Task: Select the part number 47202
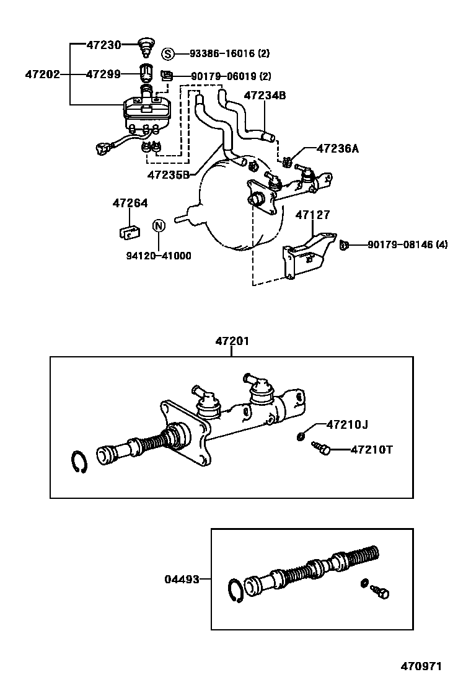(42, 74)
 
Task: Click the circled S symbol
(169, 53)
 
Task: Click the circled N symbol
(158, 225)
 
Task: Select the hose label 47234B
(265, 96)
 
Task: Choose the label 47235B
(168, 174)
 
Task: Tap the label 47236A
(337, 149)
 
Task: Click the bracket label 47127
(312, 215)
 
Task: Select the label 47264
(130, 203)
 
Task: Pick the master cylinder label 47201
(232, 341)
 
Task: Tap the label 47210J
(347, 425)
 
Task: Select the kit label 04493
(182, 580)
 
